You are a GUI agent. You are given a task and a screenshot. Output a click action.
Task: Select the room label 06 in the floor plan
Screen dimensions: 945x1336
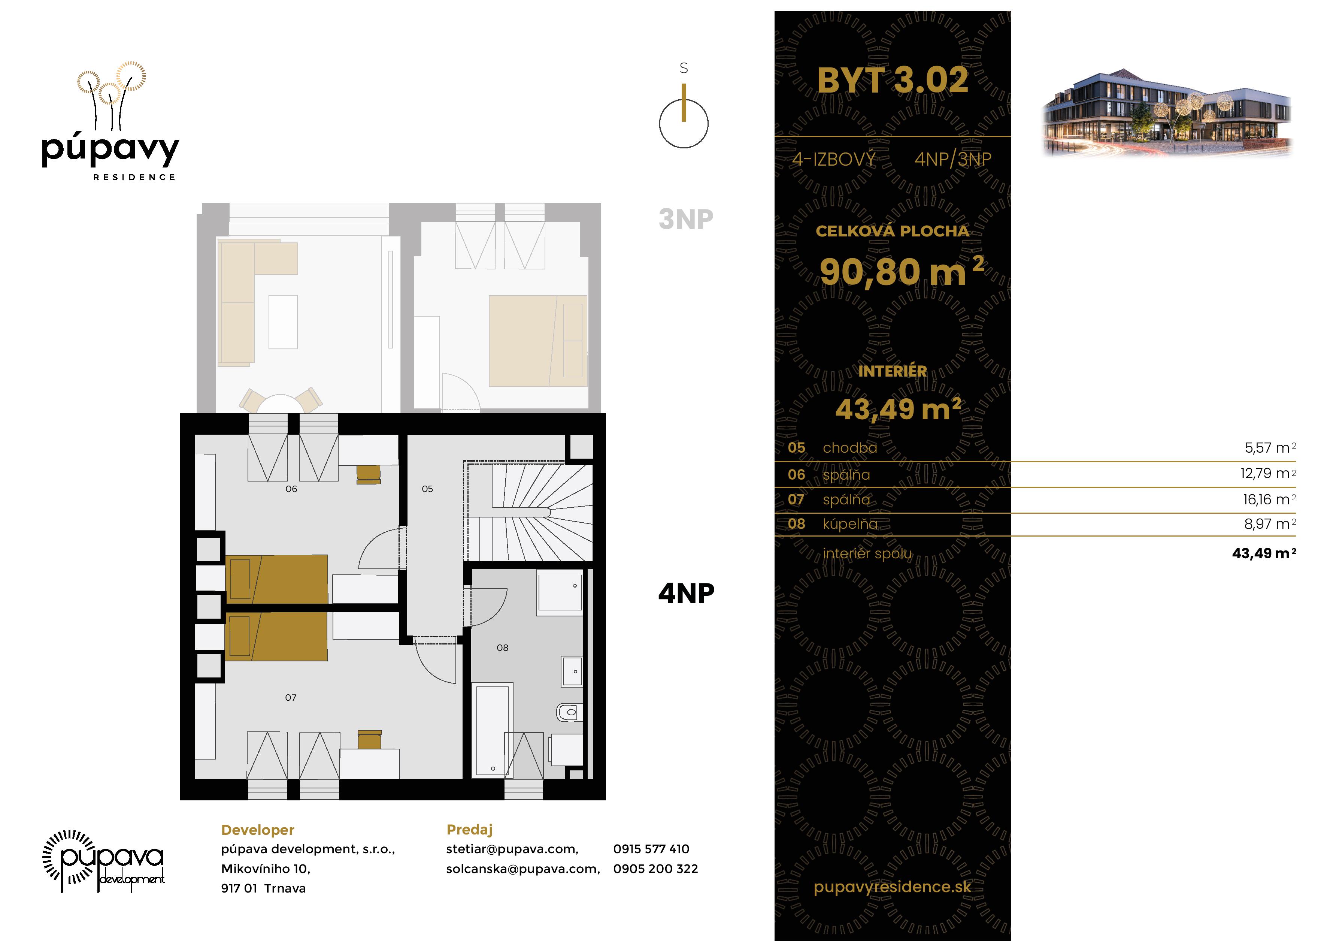[x=291, y=489]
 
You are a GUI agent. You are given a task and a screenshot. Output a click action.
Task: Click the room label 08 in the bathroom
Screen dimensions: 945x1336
[x=502, y=647]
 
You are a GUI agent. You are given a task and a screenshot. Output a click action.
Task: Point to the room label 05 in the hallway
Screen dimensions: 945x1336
[x=427, y=489]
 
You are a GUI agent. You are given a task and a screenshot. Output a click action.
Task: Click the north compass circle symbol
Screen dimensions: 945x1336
[x=683, y=123]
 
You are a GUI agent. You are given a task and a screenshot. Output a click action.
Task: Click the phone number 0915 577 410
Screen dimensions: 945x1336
[x=651, y=849]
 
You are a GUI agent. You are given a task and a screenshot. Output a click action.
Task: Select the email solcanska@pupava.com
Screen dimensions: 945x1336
[x=522, y=869]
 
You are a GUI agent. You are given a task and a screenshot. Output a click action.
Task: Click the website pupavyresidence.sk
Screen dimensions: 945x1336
[x=892, y=887]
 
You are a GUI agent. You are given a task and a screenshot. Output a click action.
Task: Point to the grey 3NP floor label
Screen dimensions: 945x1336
[x=685, y=220]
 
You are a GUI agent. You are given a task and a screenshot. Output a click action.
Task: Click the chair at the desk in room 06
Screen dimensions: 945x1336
[x=368, y=474]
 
